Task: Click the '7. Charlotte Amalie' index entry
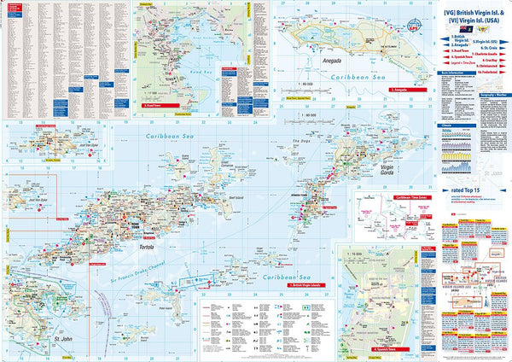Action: (484, 55)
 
